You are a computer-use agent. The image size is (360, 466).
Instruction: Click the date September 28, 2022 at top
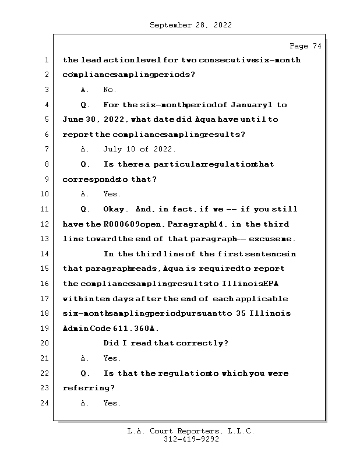[191, 25]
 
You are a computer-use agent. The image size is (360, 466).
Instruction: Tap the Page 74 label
[305, 46]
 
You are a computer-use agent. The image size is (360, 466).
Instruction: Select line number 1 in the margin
[47, 60]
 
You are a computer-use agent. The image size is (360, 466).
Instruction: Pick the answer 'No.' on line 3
[110, 90]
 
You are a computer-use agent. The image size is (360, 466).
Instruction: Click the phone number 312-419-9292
[191, 440]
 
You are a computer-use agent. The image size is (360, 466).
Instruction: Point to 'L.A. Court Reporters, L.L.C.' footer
[191, 432]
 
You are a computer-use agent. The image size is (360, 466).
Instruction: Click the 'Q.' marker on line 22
[85, 373]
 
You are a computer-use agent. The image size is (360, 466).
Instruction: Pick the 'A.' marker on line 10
[85, 194]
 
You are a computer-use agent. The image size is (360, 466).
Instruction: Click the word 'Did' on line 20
[111, 343]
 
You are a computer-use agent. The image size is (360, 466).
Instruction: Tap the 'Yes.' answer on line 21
[112, 358]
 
